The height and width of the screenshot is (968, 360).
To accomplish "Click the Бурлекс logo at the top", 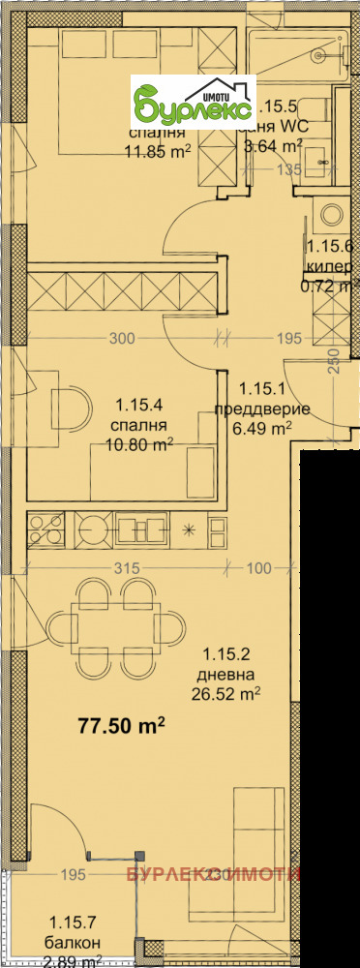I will pos(194,101).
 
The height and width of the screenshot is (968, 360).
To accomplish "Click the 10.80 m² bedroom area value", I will pos(140,444).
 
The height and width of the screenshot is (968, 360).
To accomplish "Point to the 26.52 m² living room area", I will pos(231,693).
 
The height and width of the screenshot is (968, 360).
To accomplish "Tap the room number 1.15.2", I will pos(228,654).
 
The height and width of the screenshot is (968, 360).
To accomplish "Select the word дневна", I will pos(229,674).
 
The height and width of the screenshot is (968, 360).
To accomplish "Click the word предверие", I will pos(262,408).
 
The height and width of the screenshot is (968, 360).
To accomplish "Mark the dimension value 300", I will pos(121,338).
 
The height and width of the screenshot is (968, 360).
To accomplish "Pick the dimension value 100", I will pos(258,568).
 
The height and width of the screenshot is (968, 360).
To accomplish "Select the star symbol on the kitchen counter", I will pos(188,529).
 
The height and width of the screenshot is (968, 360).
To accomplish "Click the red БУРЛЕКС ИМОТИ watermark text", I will pos(212,875).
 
